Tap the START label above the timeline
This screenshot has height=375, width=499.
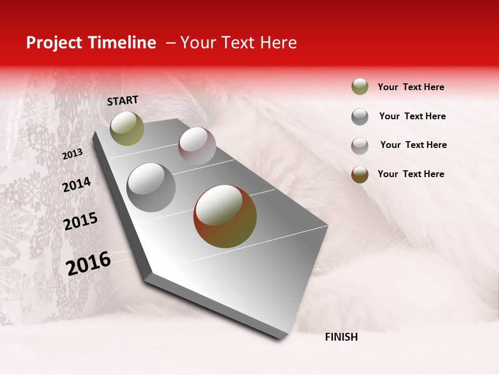[x=123, y=101]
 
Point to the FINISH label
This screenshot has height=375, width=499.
[x=341, y=337]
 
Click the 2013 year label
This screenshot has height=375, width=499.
[x=73, y=154]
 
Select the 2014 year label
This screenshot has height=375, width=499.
[x=76, y=184]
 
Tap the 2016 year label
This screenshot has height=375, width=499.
[x=88, y=264]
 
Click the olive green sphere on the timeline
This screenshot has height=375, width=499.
[x=127, y=128]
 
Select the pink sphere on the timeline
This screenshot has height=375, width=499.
[x=197, y=145]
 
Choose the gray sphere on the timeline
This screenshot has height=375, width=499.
[x=151, y=187]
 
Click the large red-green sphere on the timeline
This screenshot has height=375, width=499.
[x=225, y=216]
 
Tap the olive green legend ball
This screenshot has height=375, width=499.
[x=360, y=86]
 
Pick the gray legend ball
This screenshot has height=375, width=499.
[x=360, y=117]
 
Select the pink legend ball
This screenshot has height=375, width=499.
[x=360, y=146]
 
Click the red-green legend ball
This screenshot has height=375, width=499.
[x=360, y=174]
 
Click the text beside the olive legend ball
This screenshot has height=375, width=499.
[x=411, y=87]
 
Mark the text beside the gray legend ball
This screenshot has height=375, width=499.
[x=412, y=116]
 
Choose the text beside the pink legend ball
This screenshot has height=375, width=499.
[x=413, y=145]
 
